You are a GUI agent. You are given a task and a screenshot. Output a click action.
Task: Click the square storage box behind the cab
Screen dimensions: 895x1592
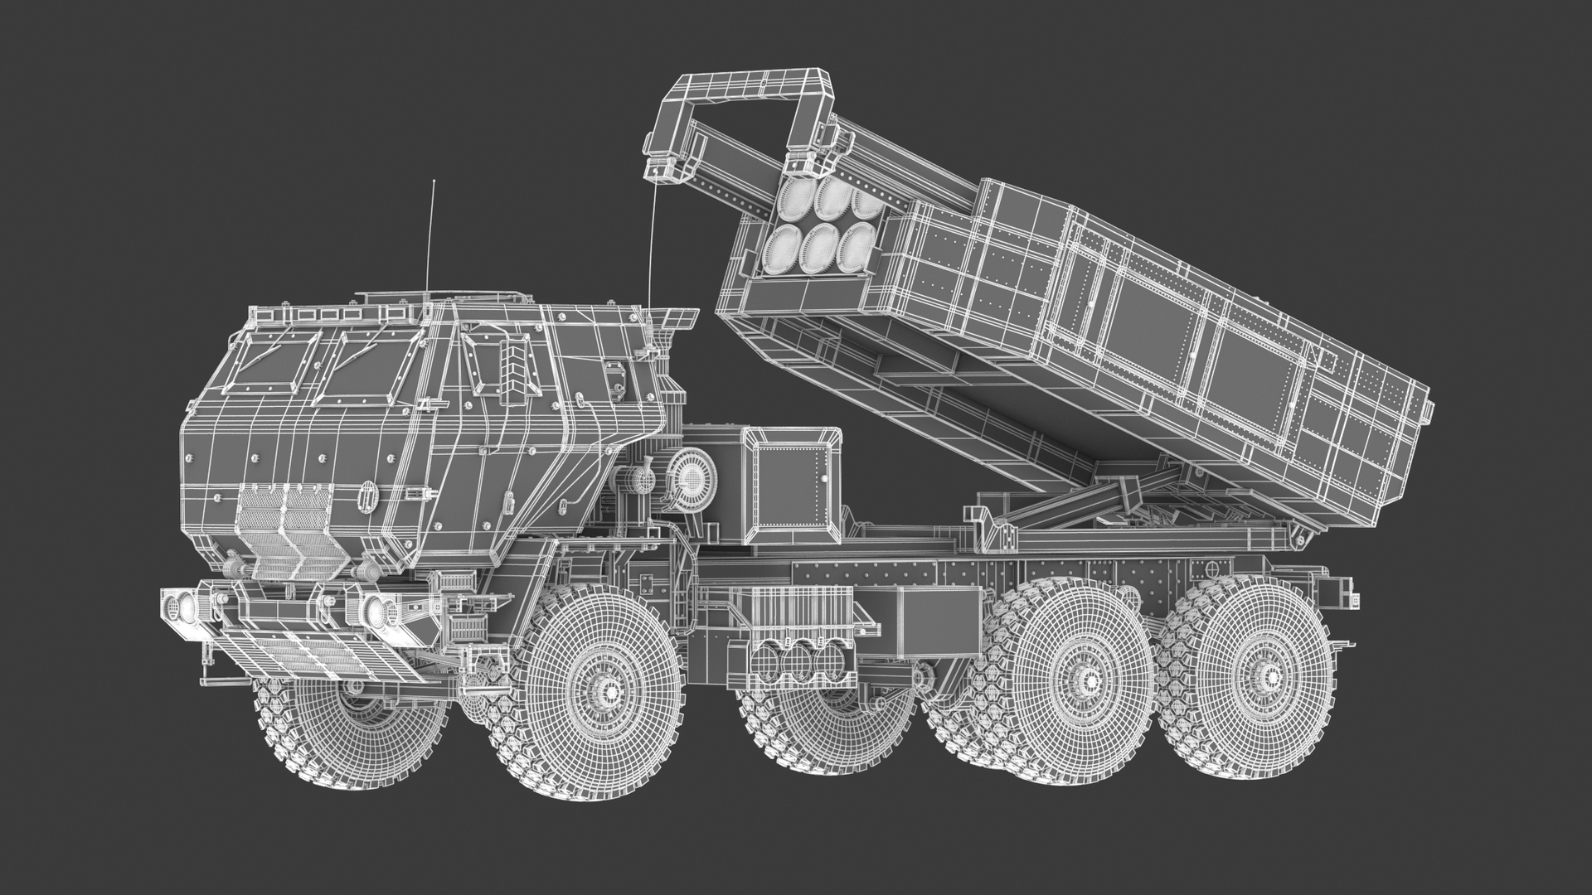[x=792, y=482]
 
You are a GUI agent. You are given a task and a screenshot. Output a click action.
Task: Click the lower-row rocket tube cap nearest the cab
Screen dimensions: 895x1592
[x=780, y=249]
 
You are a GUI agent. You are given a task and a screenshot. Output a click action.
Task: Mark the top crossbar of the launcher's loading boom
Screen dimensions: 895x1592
[x=746, y=86]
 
